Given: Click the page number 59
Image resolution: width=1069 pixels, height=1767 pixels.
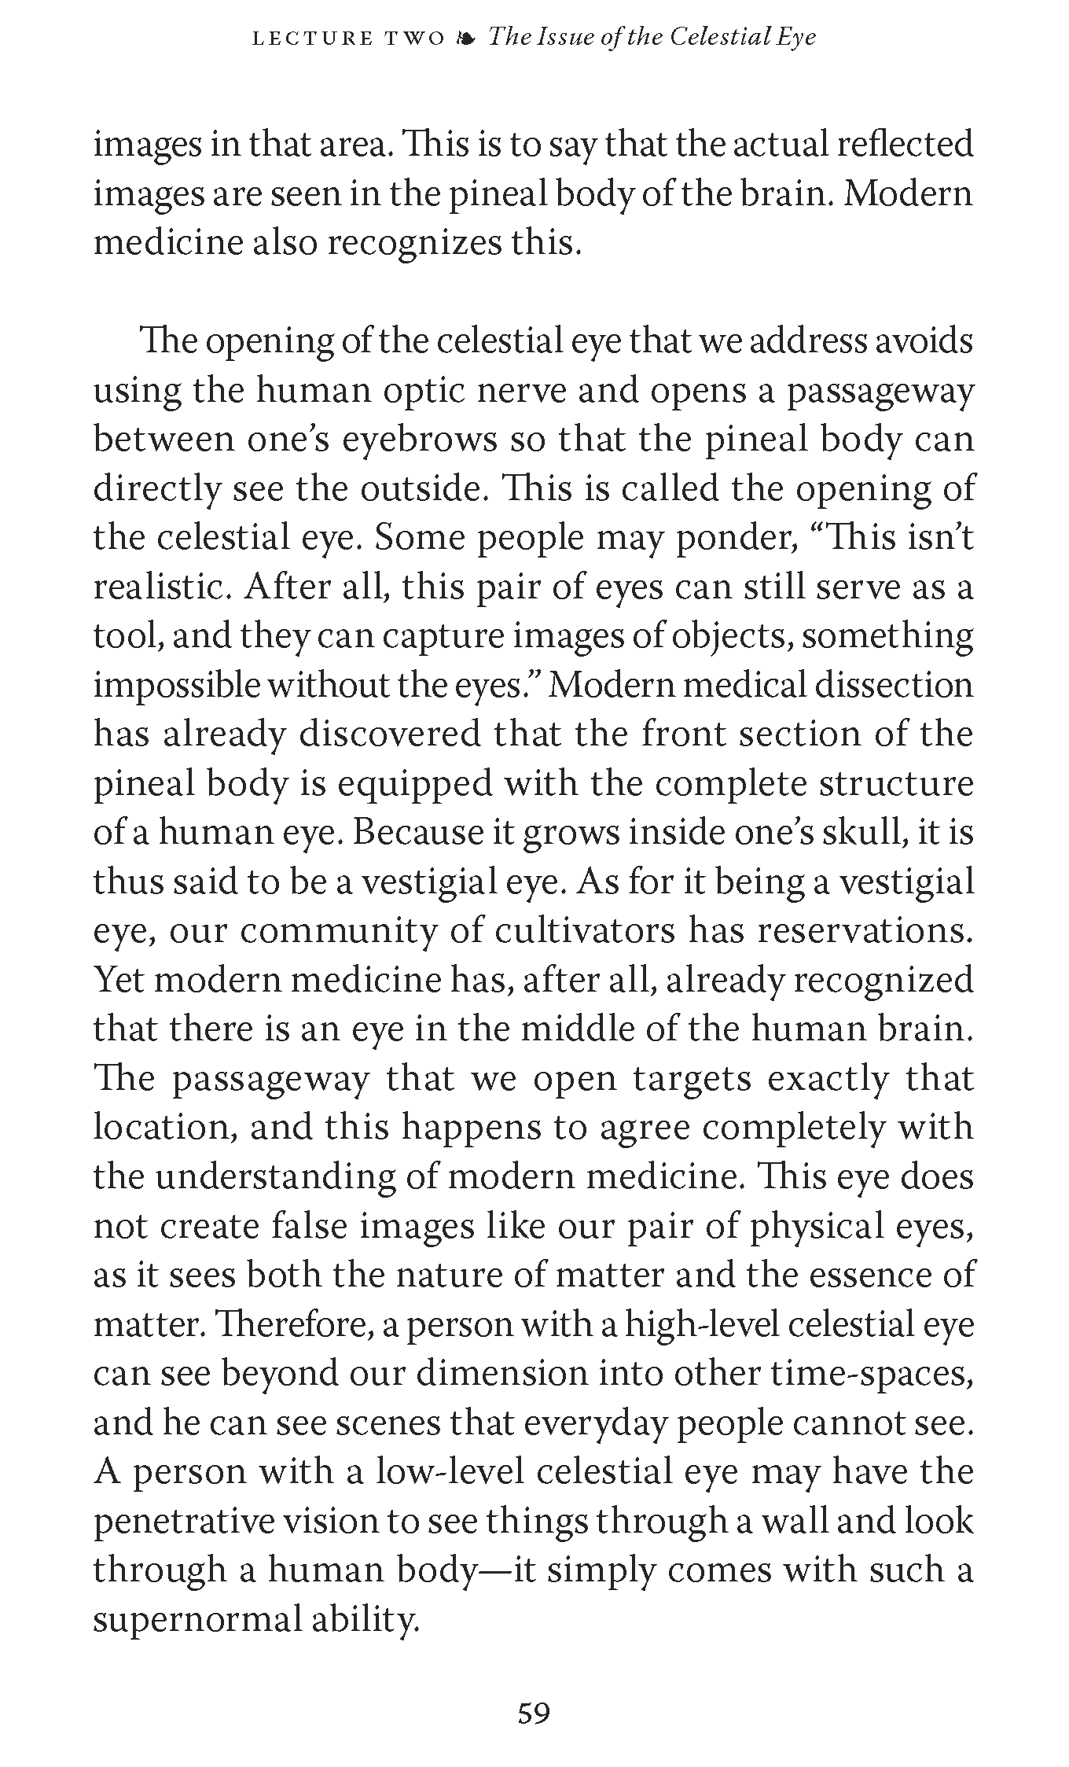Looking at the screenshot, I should click(534, 1714).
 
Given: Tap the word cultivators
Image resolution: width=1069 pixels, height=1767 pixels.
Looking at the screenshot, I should click(585, 932).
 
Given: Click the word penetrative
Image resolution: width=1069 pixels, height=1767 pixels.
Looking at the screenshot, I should click(183, 1522).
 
